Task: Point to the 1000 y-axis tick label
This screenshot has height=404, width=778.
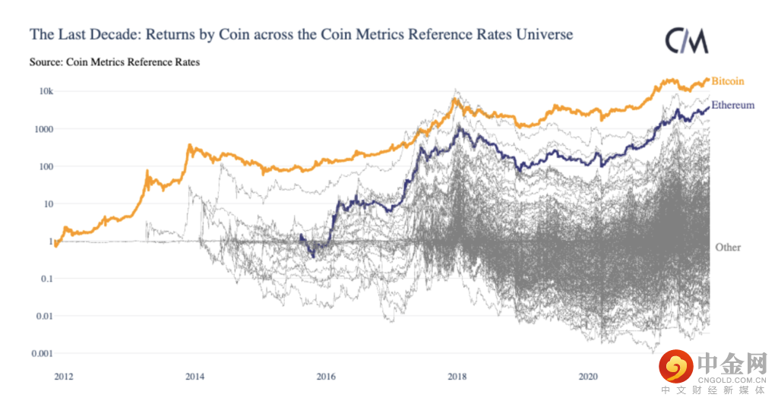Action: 43,129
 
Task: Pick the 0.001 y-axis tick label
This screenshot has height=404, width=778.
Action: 41,353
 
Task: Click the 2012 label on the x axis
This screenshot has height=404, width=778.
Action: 64,376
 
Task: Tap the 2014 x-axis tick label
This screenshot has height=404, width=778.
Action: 194,376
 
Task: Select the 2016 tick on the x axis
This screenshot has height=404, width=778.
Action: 326,376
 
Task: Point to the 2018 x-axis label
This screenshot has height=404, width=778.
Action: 457,376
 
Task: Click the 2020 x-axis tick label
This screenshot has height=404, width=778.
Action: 588,376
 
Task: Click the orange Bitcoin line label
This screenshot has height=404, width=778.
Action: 727,81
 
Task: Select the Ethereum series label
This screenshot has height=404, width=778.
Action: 732,106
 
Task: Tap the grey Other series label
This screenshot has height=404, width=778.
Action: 728,247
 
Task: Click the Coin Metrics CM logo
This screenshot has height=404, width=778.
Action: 687,41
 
